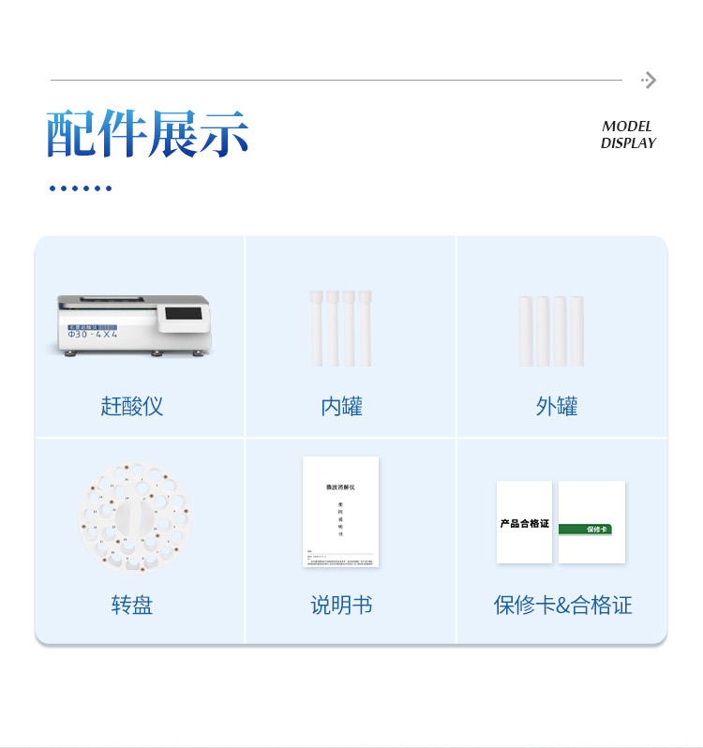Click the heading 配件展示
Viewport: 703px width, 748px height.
148,134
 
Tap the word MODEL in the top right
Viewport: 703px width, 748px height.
627,127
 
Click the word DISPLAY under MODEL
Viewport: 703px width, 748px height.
628,143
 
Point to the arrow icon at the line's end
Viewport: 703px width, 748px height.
649,81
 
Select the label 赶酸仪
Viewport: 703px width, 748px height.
132,406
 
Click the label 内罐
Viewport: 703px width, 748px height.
341,406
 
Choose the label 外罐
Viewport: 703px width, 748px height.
557,406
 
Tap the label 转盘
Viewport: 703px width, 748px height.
132,605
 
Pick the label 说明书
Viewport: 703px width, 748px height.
341,605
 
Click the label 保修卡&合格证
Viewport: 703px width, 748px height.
562,605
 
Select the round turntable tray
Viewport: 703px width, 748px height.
133,516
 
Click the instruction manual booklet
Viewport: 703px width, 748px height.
341,512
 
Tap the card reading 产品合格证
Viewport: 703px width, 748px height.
524,522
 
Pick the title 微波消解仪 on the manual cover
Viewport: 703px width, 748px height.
340,487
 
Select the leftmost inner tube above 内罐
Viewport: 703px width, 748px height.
317,328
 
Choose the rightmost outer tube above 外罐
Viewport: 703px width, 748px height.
576,331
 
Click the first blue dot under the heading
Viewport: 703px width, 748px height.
52,188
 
